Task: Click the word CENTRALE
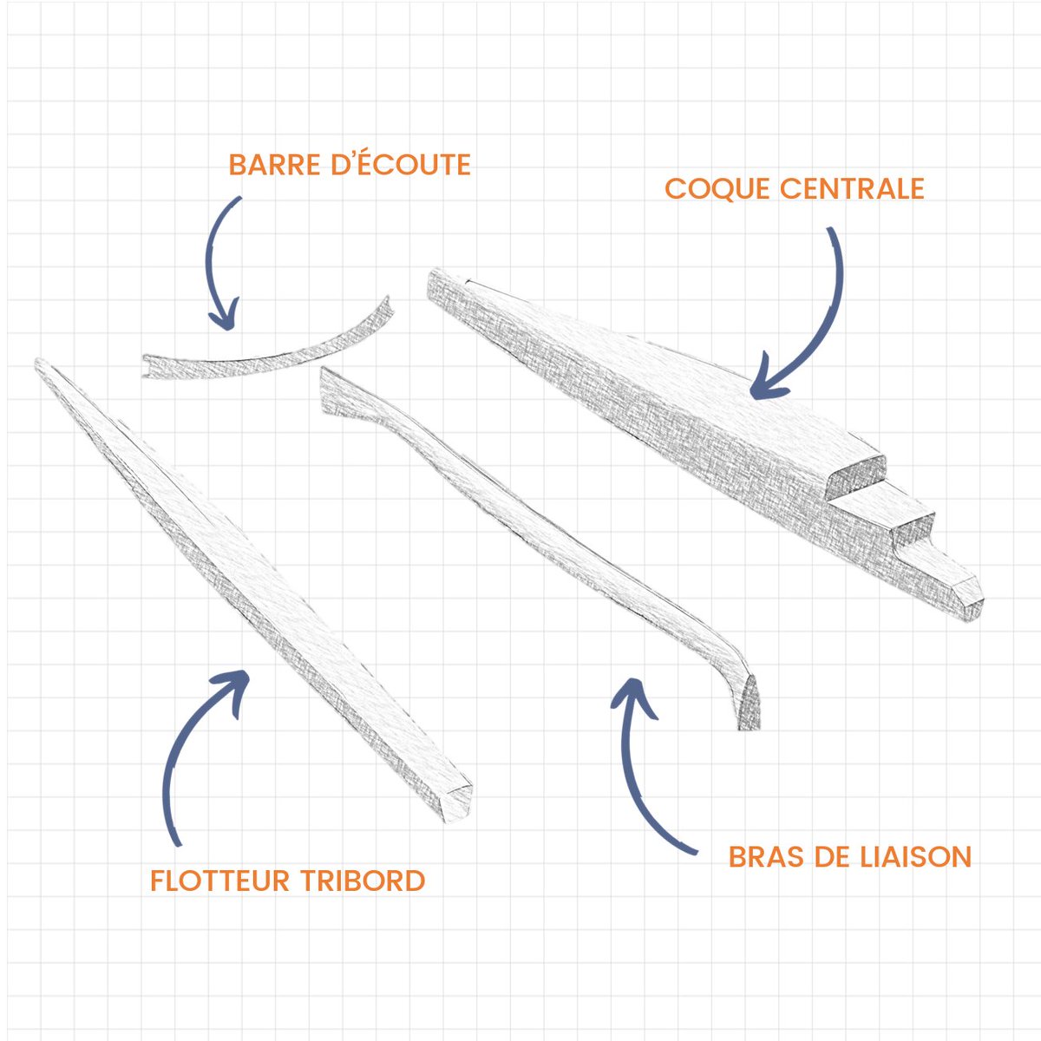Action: [x=852, y=188]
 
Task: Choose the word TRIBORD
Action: [x=363, y=881]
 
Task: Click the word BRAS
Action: [x=765, y=857]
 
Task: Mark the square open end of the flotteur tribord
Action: [x=457, y=803]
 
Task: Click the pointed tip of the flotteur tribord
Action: [x=38, y=362]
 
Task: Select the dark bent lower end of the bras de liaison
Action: [x=748, y=703]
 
